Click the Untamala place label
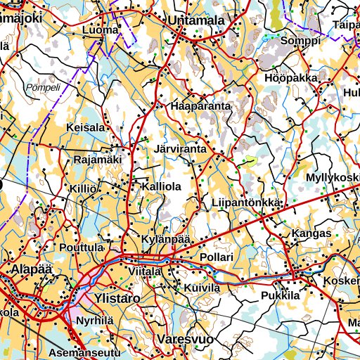click(x=196, y=21)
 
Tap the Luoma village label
click(x=100, y=31)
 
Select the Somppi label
click(x=300, y=41)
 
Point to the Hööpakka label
click(x=291, y=78)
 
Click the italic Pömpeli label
click(x=43, y=88)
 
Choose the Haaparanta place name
click(x=200, y=106)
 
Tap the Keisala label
click(x=85, y=127)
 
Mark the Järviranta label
click(x=179, y=150)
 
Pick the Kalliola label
click(x=162, y=187)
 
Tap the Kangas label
click(x=311, y=233)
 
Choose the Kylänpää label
click(x=166, y=240)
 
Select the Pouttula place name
click(x=82, y=248)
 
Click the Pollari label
click(x=217, y=258)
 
